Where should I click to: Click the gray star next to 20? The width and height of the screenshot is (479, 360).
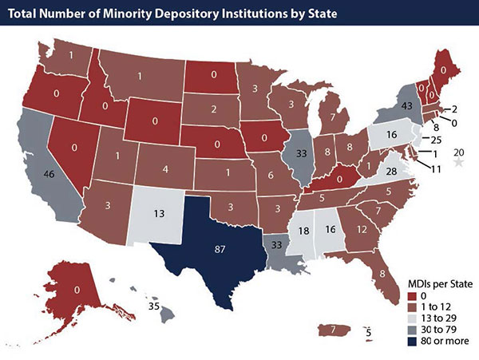[458, 162]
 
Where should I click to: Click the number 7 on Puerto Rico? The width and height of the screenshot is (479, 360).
[331, 328]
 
